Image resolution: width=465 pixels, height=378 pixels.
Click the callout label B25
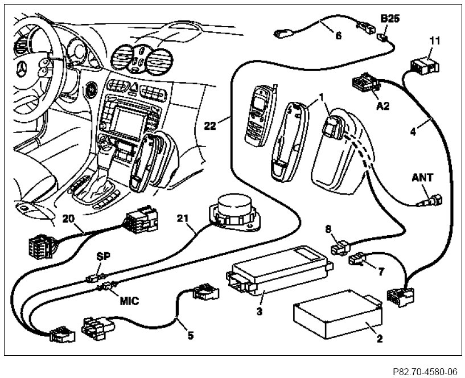pyautogui.click(x=390, y=19)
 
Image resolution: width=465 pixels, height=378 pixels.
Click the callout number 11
pyautogui.click(x=435, y=41)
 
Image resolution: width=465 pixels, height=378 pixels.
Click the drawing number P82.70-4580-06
pyautogui.click(x=424, y=371)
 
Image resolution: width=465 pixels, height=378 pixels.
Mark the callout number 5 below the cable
pyautogui.click(x=191, y=335)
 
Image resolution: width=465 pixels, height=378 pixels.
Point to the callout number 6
pyautogui.click(x=338, y=35)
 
